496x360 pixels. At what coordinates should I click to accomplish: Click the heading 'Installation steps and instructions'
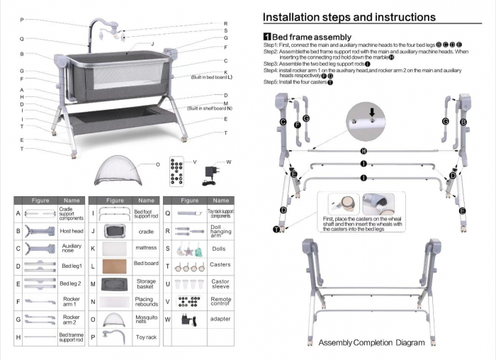coord(349,17)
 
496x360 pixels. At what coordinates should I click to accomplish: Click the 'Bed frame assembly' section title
coord(311,37)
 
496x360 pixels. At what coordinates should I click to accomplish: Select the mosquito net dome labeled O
coord(117,169)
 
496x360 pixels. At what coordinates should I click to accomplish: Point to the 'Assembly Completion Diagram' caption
coord(371,343)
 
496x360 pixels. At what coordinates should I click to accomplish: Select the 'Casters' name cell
coord(220,266)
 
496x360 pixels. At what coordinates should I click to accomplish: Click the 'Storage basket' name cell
coord(146,284)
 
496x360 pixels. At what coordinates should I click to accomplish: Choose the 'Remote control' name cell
coord(220,301)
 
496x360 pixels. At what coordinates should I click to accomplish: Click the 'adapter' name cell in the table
coord(220,320)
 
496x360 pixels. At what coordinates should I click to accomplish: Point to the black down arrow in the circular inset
coord(371,111)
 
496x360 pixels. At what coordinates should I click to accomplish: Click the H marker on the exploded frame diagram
coord(363,151)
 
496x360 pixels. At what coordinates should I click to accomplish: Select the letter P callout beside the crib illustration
coord(22,19)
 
